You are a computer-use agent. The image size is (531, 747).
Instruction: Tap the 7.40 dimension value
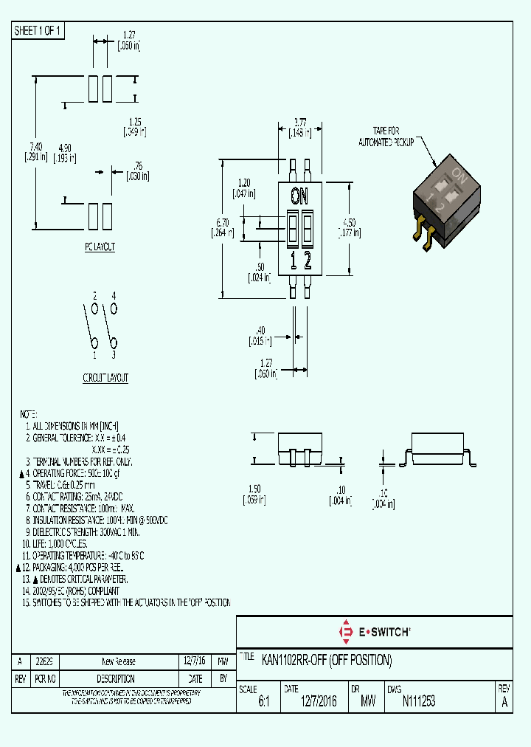[x=36, y=147]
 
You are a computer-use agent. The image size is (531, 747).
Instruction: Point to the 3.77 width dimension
[x=299, y=122]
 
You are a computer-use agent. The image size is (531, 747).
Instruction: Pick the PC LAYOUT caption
[x=100, y=247]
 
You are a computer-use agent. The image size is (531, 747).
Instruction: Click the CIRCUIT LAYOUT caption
[x=105, y=378]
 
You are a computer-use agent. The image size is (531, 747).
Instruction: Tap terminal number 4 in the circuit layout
[x=114, y=295]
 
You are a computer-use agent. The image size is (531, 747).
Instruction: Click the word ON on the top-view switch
[x=299, y=196]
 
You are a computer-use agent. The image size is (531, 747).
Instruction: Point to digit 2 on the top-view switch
[x=308, y=260]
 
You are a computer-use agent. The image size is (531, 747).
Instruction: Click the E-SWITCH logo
[x=374, y=632]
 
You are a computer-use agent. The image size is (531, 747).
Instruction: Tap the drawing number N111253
[x=418, y=702]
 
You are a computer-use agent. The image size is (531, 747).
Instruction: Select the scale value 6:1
[x=263, y=703]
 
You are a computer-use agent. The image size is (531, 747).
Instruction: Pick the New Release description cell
[x=118, y=661]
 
